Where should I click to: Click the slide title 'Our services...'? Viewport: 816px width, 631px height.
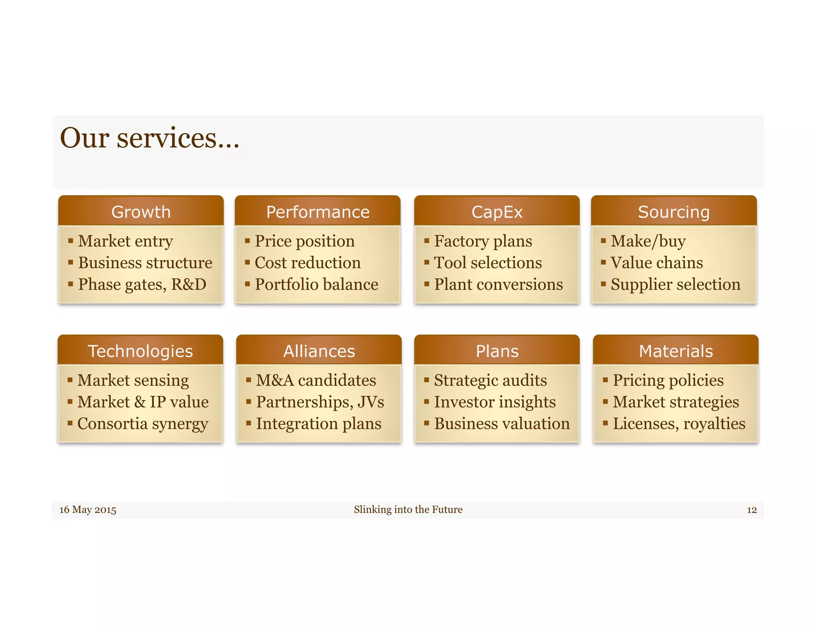pyautogui.click(x=149, y=138)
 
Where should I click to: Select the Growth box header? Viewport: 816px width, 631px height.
pyautogui.click(x=141, y=212)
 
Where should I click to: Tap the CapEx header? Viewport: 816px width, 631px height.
pyautogui.click(x=496, y=212)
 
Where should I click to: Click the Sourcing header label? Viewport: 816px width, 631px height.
pyautogui.click(x=673, y=212)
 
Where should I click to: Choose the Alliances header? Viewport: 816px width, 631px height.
pyautogui.click(x=319, y=351)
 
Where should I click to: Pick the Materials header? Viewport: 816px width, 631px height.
pyautogui.click(x=676, y=351)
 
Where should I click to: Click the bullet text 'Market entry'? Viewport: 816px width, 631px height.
pyautogui.click(x=126, y=241)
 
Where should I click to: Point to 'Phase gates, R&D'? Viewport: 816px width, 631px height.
pyautogui.click(x=142, y=284)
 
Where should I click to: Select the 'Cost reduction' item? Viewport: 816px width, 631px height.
pyautogui.click(x=308, y=263)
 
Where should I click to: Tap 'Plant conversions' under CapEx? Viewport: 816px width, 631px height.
pyautogui.click(x=498, y=284)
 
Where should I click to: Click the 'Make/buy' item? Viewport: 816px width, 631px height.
pyautogui.click(x=648, y=241)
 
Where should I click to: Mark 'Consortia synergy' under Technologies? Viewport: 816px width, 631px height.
pyautogui.click(x=143, y=424)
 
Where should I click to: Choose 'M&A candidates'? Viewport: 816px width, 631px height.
pyautogui.click(x=316, y=380)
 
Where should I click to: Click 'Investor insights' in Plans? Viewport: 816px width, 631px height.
pyautogui.click(x=494, y=402)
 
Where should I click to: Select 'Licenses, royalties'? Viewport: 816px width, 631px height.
pyautogui.click(x=679, y=424)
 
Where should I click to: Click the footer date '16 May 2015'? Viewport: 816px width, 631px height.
pyautogui.click(x=88, y=510)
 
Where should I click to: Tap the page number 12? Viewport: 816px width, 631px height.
pyautogui.click(x=751, y=510)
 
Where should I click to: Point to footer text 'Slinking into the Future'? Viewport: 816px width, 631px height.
pyautogui.click(x=408, y=509)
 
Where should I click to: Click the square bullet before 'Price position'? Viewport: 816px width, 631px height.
pyautogui.click(x=247, y=241)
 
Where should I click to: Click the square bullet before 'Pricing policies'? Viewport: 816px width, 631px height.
pyautogui.click(x=605, y=380)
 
